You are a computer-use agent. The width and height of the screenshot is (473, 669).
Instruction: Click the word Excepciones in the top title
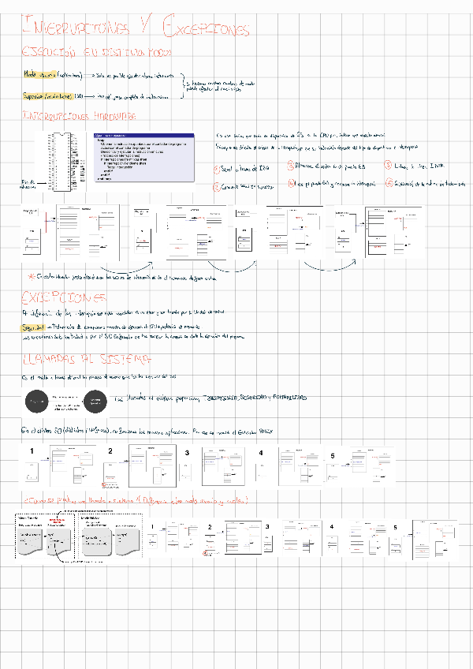tap(206, 29)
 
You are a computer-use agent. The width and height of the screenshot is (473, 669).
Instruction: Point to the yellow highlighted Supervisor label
tap(35, 95)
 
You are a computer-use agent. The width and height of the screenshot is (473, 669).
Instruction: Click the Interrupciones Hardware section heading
tap(80, 115)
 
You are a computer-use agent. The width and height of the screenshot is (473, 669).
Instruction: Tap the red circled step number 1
tap(218, 169)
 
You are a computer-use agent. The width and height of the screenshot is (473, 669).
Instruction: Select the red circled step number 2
tap(218, 187)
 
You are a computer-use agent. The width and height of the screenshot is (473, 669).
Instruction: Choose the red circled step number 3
tap(290, 166)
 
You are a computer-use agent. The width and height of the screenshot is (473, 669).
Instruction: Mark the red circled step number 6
tap(389, 183)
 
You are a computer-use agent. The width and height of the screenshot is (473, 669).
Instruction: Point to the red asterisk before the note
tap(31, 276)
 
